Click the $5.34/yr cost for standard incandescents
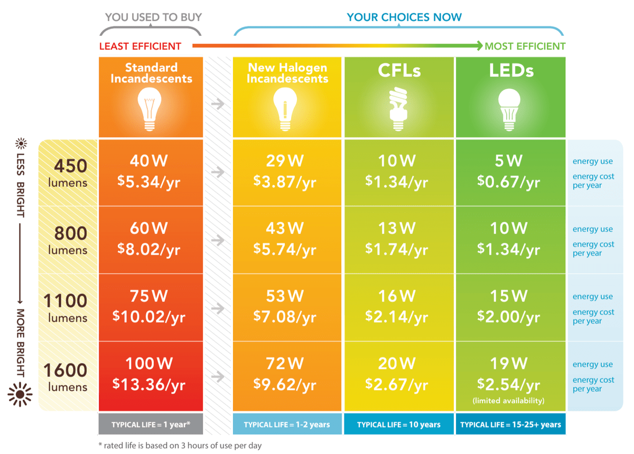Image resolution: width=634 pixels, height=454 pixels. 149,182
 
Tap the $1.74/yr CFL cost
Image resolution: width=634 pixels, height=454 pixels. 396,250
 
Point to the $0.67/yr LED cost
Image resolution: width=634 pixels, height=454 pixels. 508,182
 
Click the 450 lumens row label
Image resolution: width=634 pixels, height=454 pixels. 68,173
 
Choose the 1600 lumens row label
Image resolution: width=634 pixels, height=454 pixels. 66,376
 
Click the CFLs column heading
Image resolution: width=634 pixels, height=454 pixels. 399,70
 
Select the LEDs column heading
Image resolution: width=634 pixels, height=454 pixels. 511,70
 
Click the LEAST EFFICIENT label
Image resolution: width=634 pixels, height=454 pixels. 141,46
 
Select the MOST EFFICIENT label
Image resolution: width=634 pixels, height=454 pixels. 525,46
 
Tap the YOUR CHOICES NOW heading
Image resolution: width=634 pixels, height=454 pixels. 404,17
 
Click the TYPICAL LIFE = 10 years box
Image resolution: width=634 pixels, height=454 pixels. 399,424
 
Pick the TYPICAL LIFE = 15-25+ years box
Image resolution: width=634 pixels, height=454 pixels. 510,424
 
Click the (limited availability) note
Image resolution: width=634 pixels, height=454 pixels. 508,401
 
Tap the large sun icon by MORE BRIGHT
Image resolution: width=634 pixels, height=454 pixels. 21,394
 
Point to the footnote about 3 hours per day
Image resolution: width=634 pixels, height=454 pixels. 180,445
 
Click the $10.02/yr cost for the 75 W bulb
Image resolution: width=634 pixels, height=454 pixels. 149,317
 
